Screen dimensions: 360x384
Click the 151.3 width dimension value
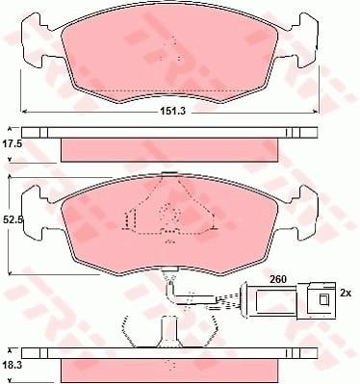172,111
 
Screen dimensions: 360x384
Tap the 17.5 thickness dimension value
13,144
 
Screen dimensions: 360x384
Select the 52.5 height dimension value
13,219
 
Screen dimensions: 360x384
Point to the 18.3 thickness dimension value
13,365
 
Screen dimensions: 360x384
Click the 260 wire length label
278,279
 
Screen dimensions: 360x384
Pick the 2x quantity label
346,293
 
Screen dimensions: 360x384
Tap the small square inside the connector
322,299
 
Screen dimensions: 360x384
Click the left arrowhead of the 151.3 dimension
23,112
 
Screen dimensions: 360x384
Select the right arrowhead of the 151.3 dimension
316,112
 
